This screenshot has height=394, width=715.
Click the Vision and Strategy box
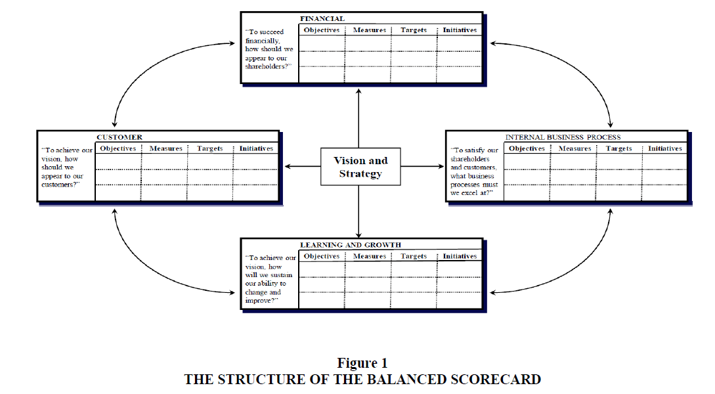[x=360, y=166]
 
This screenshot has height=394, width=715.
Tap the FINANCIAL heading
[x=322, y=18]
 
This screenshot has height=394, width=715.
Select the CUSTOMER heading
[x=119, y=137]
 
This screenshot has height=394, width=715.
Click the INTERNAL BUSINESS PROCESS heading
[x=563, y=137]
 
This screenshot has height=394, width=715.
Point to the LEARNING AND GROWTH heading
[x=350, y=245]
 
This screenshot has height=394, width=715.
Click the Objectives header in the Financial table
[x=322, y=30]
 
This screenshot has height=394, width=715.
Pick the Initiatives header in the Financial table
[x=460, y=30]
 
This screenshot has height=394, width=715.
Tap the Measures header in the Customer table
[x=165, y=148]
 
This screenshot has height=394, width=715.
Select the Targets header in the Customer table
[x=209, y=148]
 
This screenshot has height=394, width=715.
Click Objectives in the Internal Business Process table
[x=527, y=148]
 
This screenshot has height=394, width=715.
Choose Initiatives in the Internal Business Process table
[x=665, y=148]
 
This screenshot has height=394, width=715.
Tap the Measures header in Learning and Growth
[x=370, y=256]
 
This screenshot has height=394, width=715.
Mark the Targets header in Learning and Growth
[x=414, y=256]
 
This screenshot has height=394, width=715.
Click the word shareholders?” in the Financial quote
[x=268, y=66]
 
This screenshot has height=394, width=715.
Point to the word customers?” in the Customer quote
[x=60, y=185]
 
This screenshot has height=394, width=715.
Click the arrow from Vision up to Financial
[x=359, y=118]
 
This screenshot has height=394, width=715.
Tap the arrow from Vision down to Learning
[x=359, y=211]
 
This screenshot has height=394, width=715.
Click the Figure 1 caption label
[x=362, y=363]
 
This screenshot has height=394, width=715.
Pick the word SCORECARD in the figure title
[x=496, y=380]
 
